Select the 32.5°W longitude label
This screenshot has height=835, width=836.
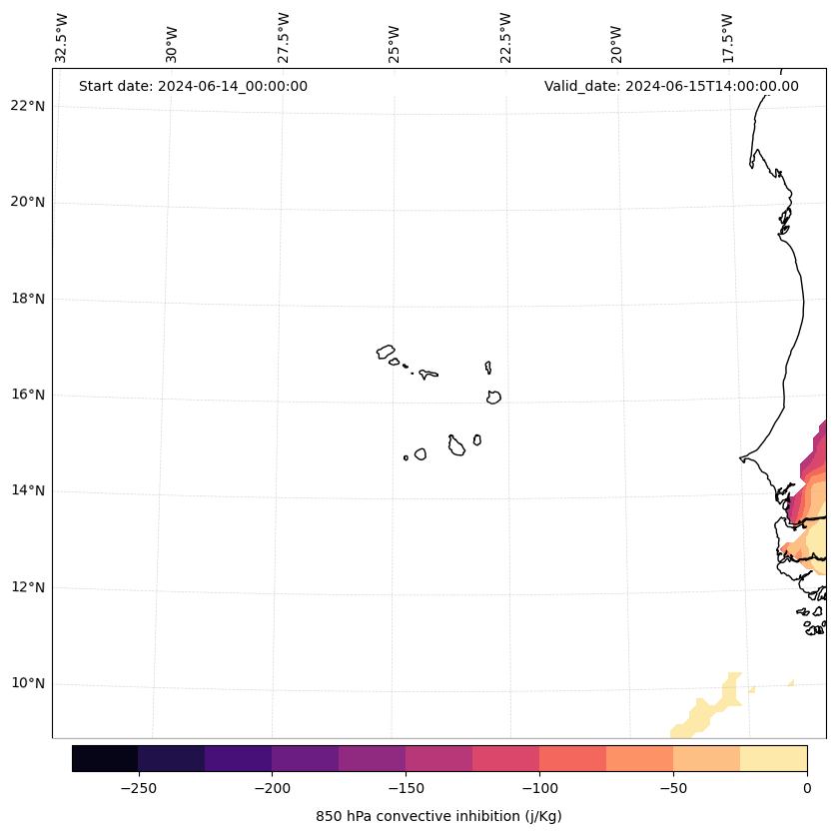pos(62,38)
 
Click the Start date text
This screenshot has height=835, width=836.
pos(193,86)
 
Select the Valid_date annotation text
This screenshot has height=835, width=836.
pos(671,86)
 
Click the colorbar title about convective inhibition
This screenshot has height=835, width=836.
pos(438,816)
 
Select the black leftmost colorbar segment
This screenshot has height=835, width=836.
pos(105,758)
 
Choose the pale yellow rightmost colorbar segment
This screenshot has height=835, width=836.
pos(773,758)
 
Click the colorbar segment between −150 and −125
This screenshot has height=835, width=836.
pos(438,758)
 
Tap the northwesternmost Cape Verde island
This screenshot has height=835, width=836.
pos(386,352)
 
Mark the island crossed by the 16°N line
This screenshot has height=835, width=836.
pos(493,397)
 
